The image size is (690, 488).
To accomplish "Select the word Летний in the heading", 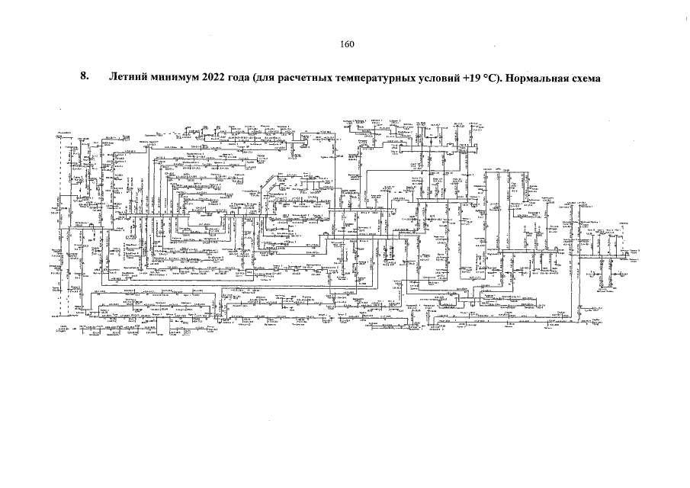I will tap(128, 78).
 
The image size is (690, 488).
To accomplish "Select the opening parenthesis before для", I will tap(258, 78).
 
